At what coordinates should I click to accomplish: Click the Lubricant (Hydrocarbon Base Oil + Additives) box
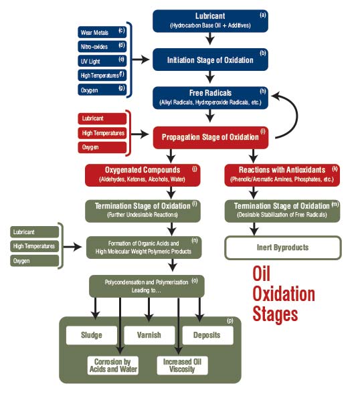pyautogui.click(x=210, y=21)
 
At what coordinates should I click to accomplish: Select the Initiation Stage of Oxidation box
pyautogui.click(x=210, y=60)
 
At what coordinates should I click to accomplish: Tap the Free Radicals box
pyautogui.click(x=210, y=98)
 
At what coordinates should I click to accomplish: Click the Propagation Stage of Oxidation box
pyautogui.click(x=210, y=137)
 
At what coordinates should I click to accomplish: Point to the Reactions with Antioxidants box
pyautogui.click(x=281, y=174)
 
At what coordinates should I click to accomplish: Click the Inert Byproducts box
pyautogui.click(x=281, y=248)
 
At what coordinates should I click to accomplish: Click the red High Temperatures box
pyautogui.click(x=101, y=133)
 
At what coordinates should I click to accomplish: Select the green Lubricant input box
pyautogui.click(x=33, y=231)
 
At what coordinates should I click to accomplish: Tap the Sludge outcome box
pyautogui.click(x=92, y=335)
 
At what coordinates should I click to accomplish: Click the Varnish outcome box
pyautogui.click(x=149, y=335)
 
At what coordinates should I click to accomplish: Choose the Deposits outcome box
pyautogui.click(x=207, y=335)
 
